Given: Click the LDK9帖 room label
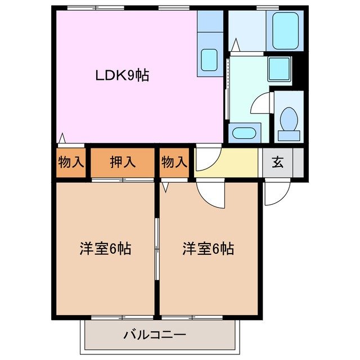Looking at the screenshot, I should point(123,75).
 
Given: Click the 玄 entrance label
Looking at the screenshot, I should point(278,163).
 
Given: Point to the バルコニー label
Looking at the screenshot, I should point(155,336).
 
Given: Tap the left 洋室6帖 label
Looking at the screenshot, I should point(105,249).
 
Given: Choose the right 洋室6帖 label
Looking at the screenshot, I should point(208,248).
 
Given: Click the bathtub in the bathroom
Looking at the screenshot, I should point(285,30).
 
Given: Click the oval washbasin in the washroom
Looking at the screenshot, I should point(244,134).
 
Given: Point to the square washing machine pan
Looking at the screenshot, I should point(278,69).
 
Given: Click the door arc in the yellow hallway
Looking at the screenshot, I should point(206,159).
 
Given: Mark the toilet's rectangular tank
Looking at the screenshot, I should point(289,136).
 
